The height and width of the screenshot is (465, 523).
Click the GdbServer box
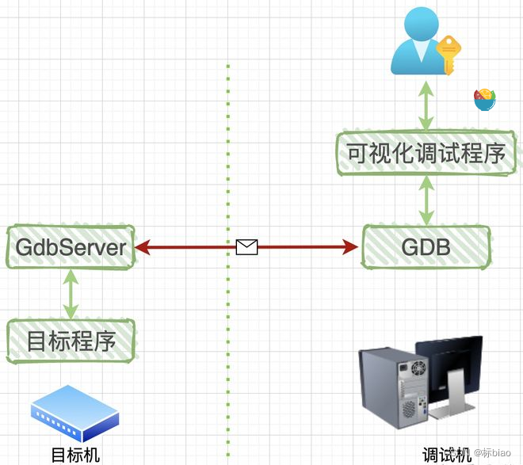(x=71, y=248)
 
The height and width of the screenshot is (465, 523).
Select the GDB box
(x=426, y=247)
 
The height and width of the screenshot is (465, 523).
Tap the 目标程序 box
(x=71, y=341)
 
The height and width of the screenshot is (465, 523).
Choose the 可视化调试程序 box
(x=421, y=153)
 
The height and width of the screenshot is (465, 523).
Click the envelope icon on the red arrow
(x=247, y=247)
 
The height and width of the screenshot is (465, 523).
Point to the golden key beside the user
(x=449, y=53)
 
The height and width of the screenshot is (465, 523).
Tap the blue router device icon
(x=74, y=412)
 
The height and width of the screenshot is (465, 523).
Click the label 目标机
(x=75, y=455)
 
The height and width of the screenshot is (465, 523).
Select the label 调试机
(x=446, y=455)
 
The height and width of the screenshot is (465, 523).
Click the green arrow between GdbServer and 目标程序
(x=71, y=295)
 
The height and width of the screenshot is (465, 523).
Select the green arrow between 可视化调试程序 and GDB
(x=426, y=200)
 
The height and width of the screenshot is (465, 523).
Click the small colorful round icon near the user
(x=484, y=100)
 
